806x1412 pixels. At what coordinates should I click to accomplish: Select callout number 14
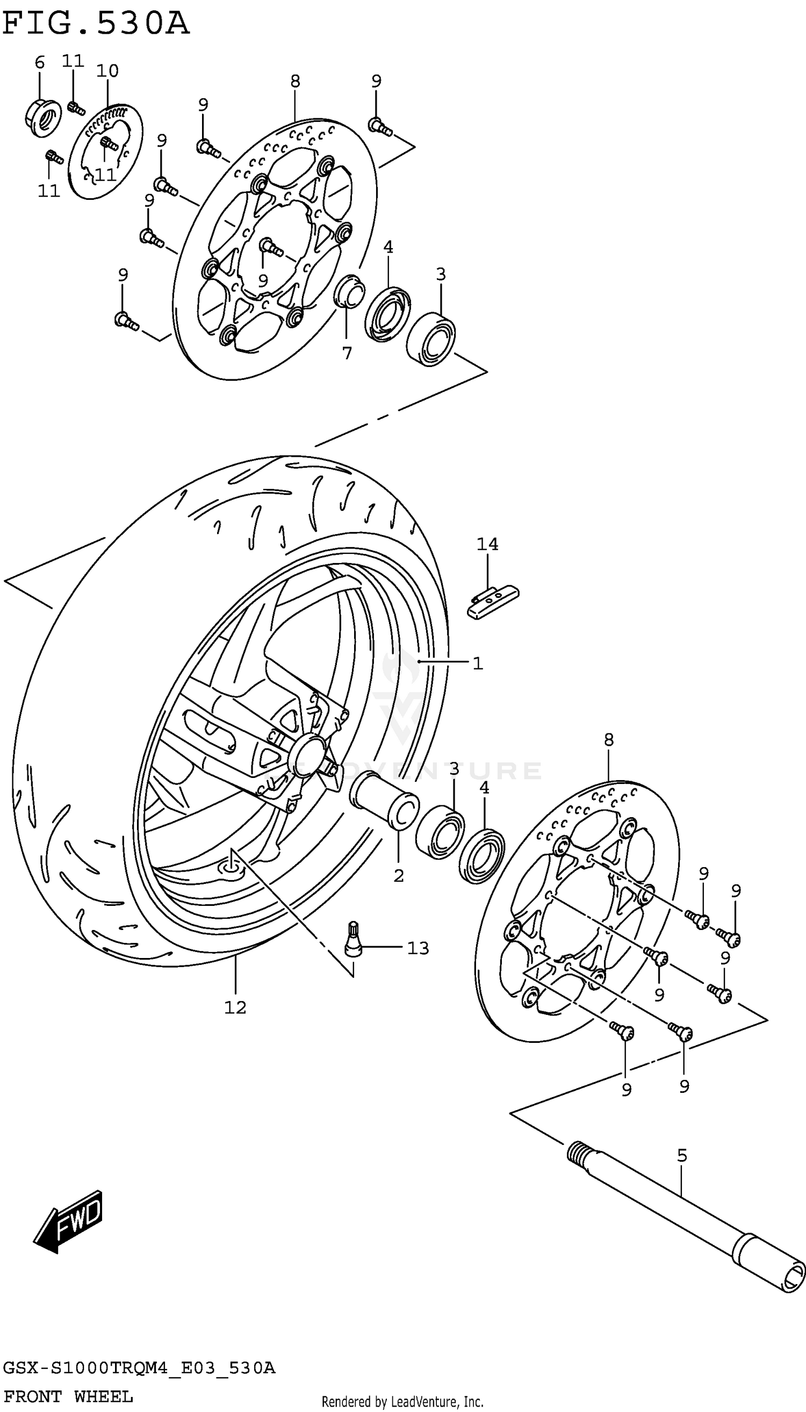[x=487, y=544]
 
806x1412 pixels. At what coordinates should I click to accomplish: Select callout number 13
[x=418, y=948]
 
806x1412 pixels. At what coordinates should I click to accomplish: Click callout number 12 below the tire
[x=235, y=1007]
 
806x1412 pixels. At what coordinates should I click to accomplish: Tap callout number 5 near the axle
[x=682, y=1155]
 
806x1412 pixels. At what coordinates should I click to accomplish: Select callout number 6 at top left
[x=39, y=62]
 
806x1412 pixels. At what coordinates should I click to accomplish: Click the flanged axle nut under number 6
[x=42, y=117]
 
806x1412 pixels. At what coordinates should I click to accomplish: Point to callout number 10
[x=107, y=71]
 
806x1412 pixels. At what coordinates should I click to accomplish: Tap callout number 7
[x=347, y=352]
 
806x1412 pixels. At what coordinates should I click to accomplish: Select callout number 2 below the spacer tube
[x=399, y=876]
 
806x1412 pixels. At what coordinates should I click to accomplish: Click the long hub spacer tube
[x=384, y=800]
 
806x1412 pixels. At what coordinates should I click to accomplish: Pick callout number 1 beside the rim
[x=478, y=662]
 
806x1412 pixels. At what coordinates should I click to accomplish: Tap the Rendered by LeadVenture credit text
[x=402, y=1402]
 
